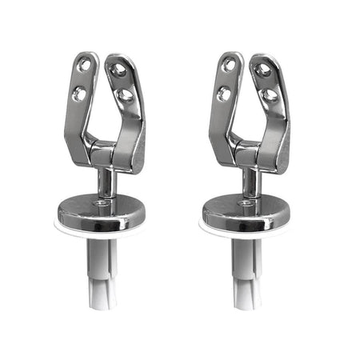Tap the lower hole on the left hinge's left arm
click(x=80, y=93)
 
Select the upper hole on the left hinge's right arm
click(x=118, y=70)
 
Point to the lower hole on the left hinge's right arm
click(x=125, y=97)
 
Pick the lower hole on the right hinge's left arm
click(x=225, y=93)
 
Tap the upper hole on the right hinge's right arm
click(x=263, y=70)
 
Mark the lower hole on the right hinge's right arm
click(x=270, y=97)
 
